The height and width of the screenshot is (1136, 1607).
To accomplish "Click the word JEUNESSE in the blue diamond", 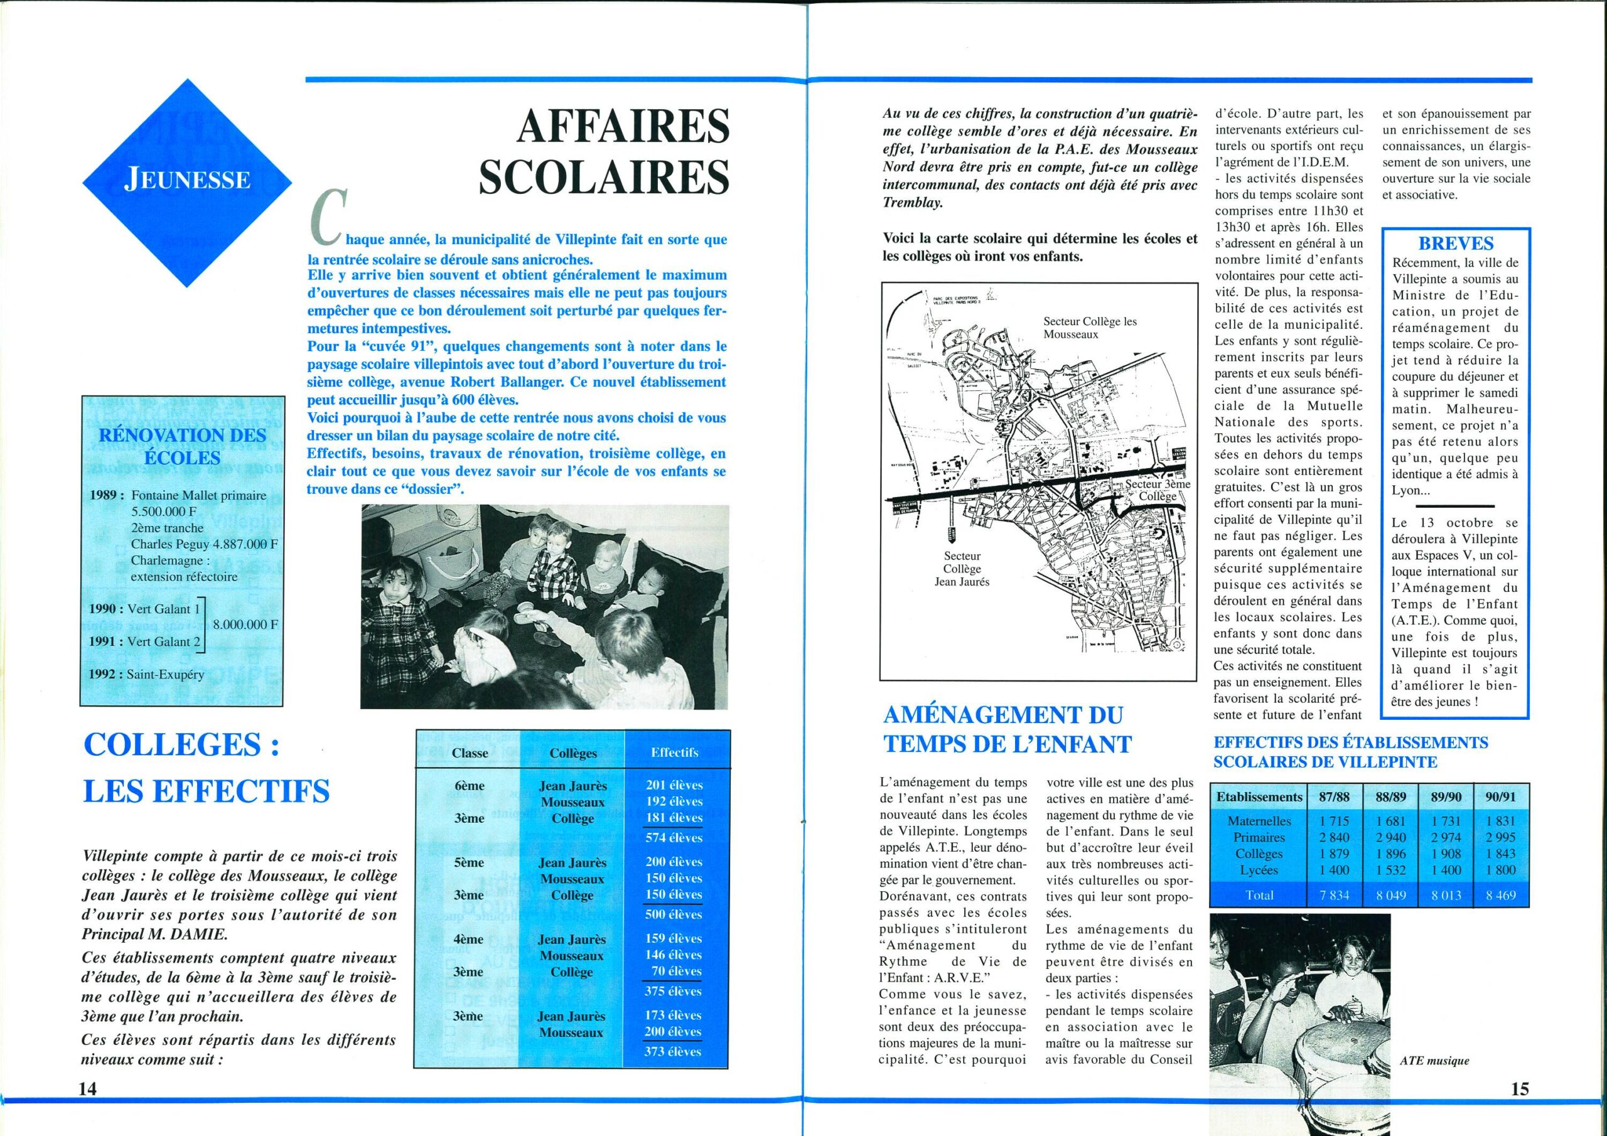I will pos(187,180).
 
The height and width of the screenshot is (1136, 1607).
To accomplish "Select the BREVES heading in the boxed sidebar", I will pos(1455,244).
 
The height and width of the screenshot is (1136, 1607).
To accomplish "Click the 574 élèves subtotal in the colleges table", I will pos(674,837).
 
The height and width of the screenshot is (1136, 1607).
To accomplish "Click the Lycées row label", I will pos(1259,870).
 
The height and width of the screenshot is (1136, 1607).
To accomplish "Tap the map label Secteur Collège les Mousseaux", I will pos(1090,328).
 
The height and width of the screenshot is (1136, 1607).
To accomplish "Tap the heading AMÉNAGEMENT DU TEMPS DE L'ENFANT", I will pos(1006,729).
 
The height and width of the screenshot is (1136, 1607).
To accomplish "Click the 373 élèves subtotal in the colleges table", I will pos(674,1051).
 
